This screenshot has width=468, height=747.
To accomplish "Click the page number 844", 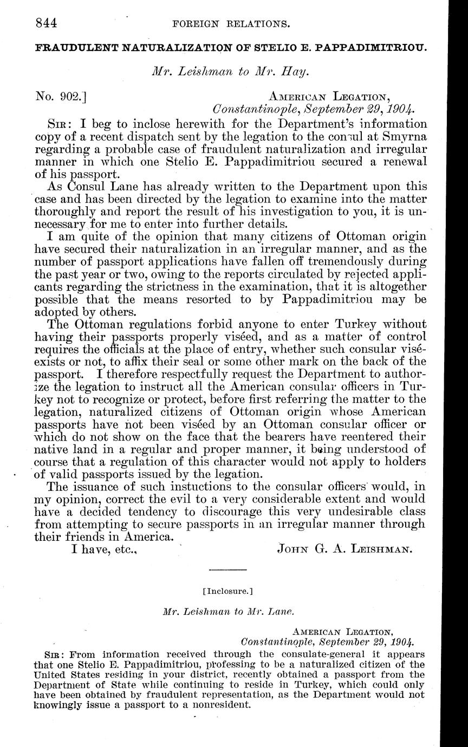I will [x=47, y=23].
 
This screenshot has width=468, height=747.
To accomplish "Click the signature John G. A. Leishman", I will [x=344, y=549].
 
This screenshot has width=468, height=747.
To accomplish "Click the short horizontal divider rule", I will [x=227, y=569].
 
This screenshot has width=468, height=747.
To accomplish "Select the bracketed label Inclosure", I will [x=228, y=599].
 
